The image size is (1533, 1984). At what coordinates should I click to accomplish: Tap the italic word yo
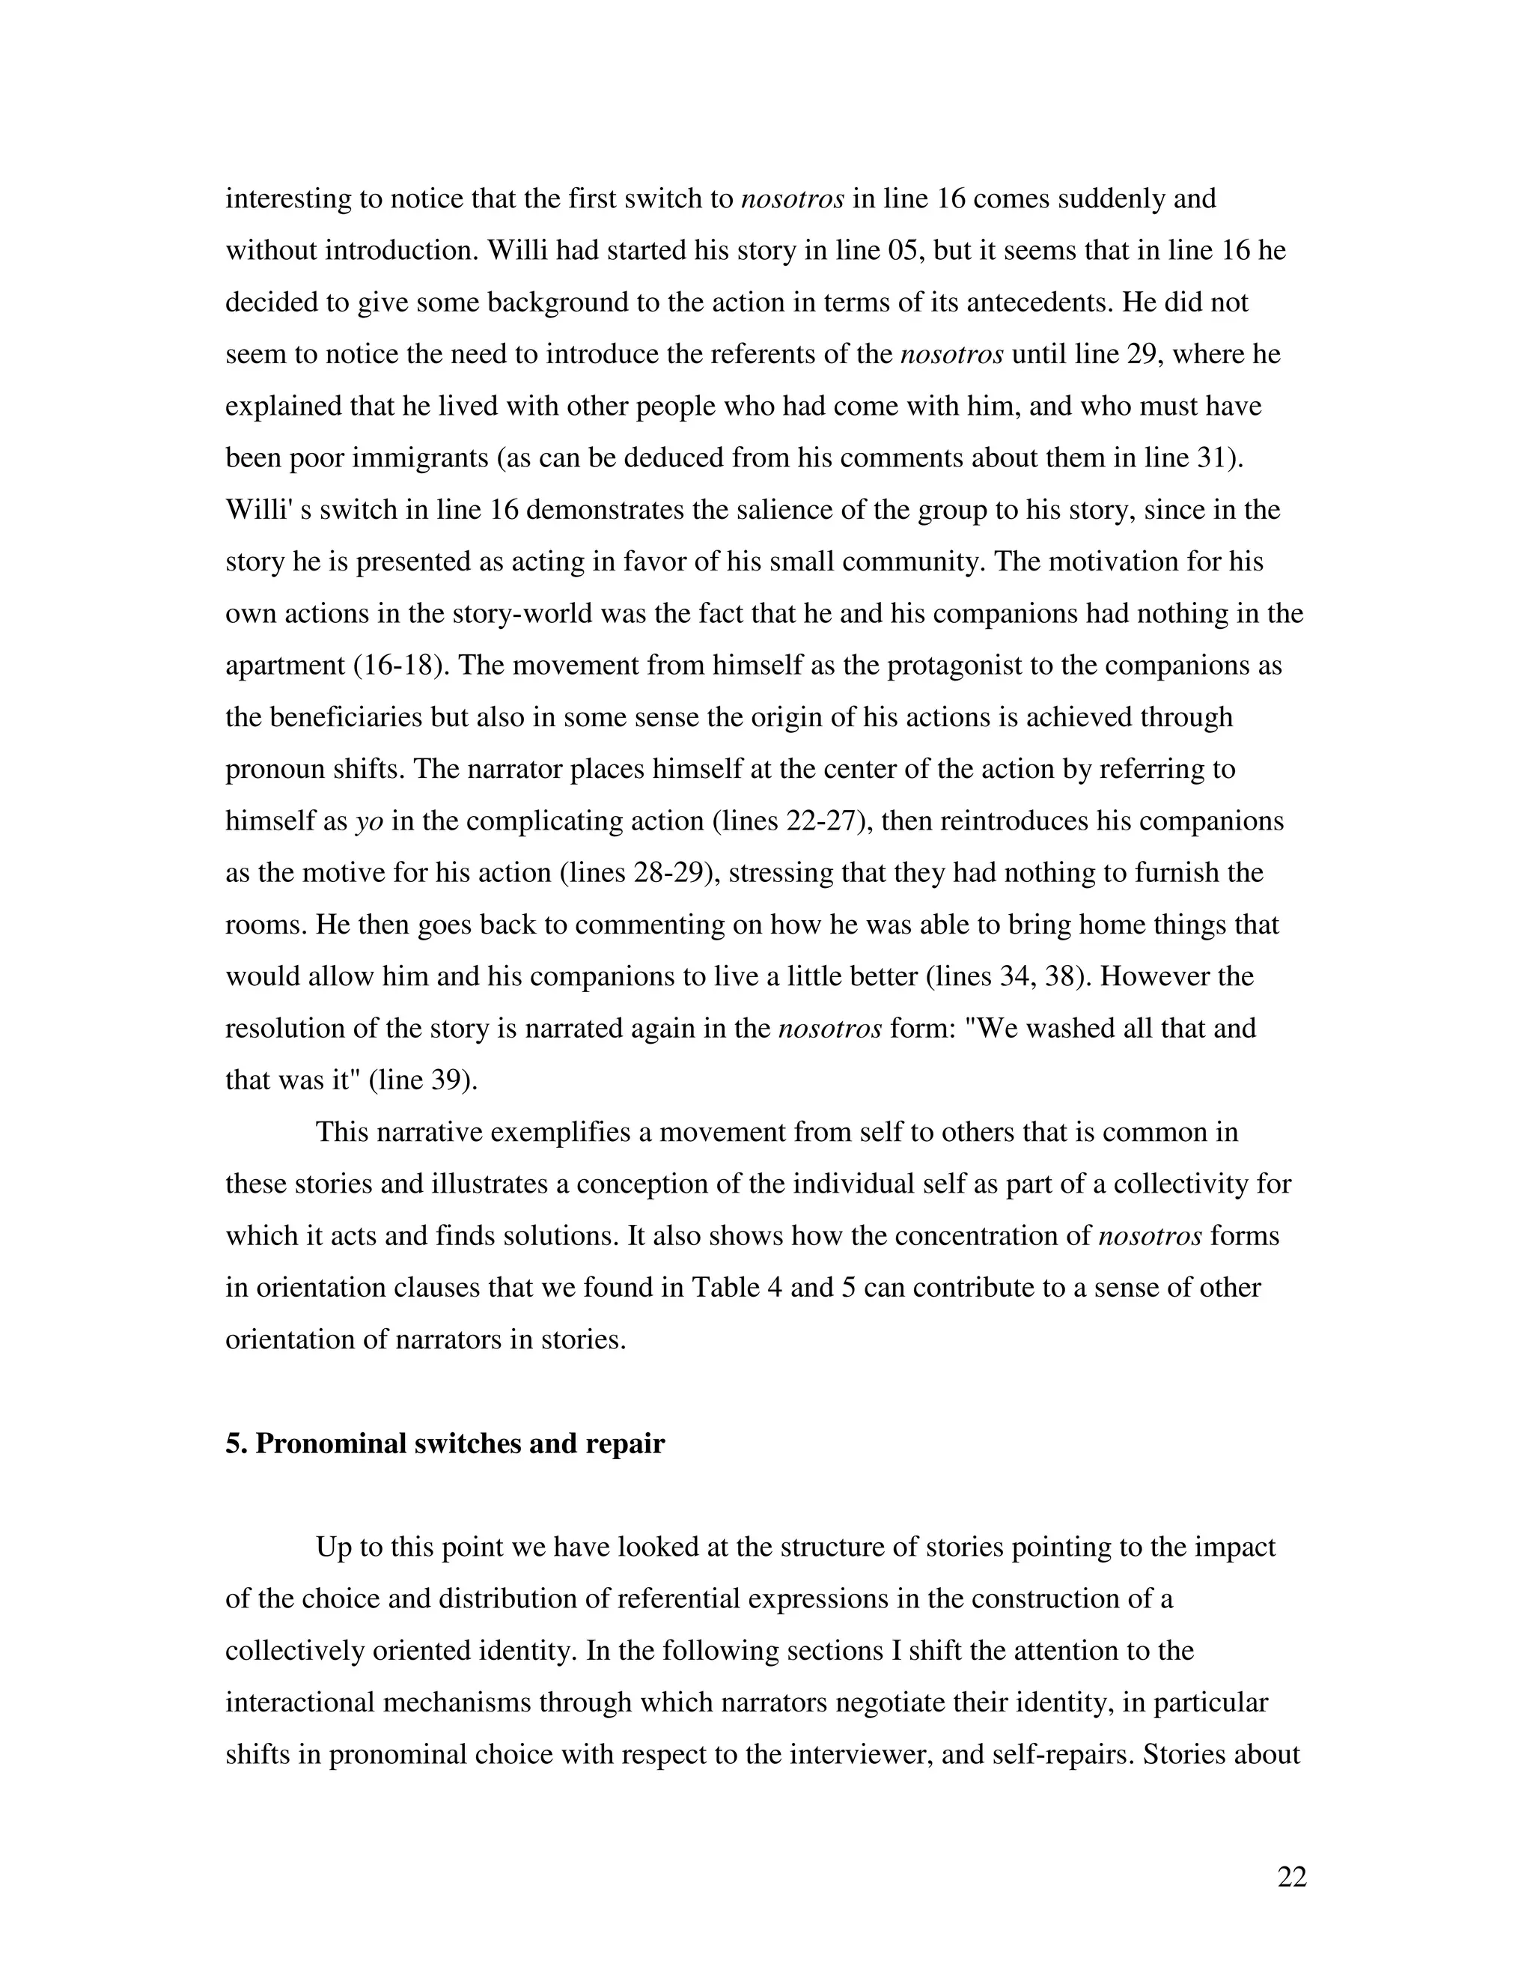pyautogui.click(x=369, y=821)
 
